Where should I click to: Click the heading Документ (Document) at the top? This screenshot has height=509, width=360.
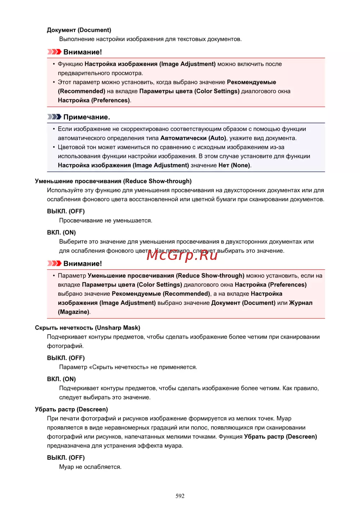[79, 30]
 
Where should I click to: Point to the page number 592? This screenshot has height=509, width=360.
[180, 496]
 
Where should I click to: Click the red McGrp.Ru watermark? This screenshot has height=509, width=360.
[182, 255]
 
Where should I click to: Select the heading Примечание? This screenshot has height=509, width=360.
[87, 117]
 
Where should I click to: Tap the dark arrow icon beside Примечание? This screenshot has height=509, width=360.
[54, 117]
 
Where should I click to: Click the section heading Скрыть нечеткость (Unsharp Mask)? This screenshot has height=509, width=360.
[87, 328]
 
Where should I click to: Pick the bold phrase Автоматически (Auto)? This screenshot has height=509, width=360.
[193, 138]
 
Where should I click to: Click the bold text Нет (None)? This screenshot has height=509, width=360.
[234, 165]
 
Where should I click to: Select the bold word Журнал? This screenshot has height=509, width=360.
[301, 303]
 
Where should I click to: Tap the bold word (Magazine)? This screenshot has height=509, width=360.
[73, 312]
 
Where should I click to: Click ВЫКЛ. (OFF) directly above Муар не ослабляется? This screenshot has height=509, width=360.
[66, 458]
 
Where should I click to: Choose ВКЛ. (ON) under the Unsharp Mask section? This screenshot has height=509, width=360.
[61, 379]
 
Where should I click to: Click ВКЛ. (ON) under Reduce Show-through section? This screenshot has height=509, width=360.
[61, 233]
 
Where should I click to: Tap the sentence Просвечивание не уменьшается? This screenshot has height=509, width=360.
[105, 220]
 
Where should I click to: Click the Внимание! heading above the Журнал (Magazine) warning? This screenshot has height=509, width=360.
[82, 263]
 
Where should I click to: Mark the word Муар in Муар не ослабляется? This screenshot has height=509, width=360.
[66, 467]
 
